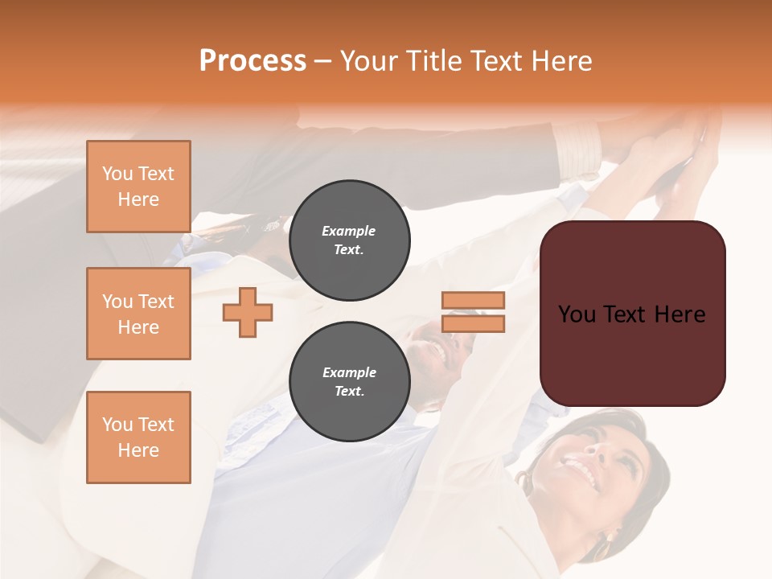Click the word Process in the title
(x=253, y=61)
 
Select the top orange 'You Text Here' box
(x=138, y=187)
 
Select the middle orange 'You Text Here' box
(x=138, y=314)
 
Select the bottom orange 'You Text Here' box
(x=138, y=437)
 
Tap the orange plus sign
(x=248, y=312)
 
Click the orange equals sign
(x=473, y=312)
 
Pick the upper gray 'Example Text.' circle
(x=349, y=240)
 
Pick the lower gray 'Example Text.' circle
(x=349, y=382)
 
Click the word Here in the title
(x=559, y=61)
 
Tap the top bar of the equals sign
(x=473, y=300)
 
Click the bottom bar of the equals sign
(x=473, y=324)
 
